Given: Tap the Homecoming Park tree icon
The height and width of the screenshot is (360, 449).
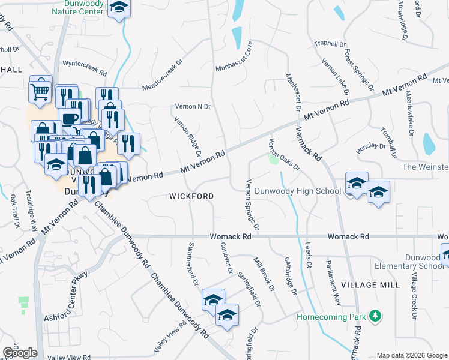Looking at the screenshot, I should [x=375, y=315].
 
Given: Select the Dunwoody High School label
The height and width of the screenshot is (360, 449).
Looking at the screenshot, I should [x=298, y=191].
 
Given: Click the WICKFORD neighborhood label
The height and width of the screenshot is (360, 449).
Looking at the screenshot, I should [x=191, y=196].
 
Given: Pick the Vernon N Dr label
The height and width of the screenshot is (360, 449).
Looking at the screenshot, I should [x=193, y=106].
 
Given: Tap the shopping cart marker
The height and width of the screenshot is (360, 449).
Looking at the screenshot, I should [x=40, y=91].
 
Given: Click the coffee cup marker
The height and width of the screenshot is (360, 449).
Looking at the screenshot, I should [x=68, y=116].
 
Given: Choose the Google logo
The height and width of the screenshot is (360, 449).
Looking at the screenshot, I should [x=19, y=353].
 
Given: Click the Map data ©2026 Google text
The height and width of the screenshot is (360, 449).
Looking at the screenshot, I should [x=411, y=355].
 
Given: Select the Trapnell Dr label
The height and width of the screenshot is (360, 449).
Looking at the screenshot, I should [x=331, y=44].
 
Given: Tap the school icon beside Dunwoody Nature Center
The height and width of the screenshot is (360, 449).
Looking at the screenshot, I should [x=119, y=8].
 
